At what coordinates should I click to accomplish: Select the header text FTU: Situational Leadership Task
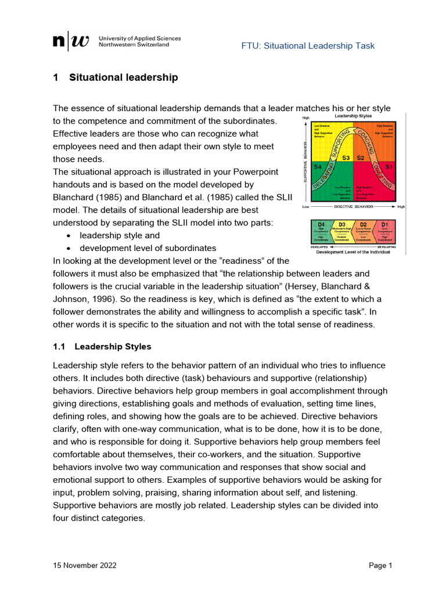tap(308, 46)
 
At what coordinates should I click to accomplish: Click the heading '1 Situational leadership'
tap(116, 77)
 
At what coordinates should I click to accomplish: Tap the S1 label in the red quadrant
tap(389, 167)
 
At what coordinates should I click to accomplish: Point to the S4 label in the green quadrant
tap(318, 167)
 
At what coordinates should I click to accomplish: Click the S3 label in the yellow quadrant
tap(346, 157)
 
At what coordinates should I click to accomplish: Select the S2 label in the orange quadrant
tap(360, 157)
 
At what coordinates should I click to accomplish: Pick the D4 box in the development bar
tap(322, 231)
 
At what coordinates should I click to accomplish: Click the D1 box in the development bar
tap(384, 231)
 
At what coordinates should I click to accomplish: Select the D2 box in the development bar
tap(364, 231)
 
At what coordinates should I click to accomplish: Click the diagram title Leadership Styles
tap(354, 116)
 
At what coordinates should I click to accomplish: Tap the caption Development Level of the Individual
tap(354, 252)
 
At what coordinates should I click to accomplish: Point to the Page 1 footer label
tap(381, 565)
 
